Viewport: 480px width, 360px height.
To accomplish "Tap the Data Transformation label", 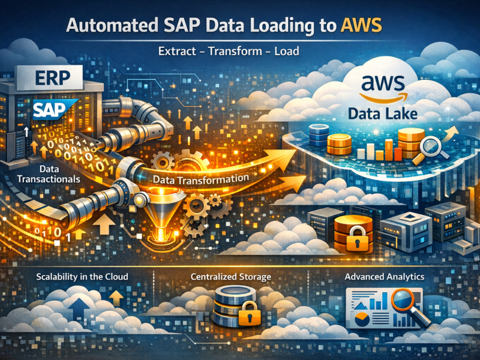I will [200, 178].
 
